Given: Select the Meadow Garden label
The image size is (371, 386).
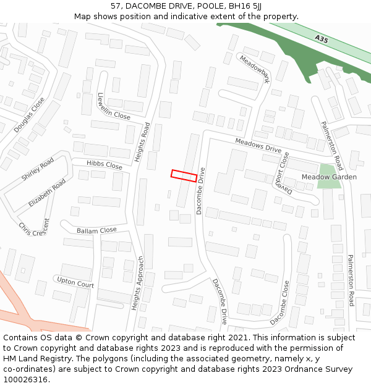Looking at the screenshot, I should tap(329, 177).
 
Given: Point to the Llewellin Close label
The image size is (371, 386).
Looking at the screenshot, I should tap(113, 106).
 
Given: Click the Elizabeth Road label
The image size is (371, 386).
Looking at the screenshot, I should tap(47, 193).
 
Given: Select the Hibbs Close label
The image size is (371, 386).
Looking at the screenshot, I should tap(104, 165).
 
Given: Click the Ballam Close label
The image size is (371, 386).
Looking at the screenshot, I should tap(96, 230).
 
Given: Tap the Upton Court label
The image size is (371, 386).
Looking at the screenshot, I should tap(75, 283).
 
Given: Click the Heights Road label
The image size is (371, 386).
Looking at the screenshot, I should tap(142, 142).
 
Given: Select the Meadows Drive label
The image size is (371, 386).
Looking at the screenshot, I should tap(258, 146).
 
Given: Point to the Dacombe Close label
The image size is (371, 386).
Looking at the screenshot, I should tap(279, 303).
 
